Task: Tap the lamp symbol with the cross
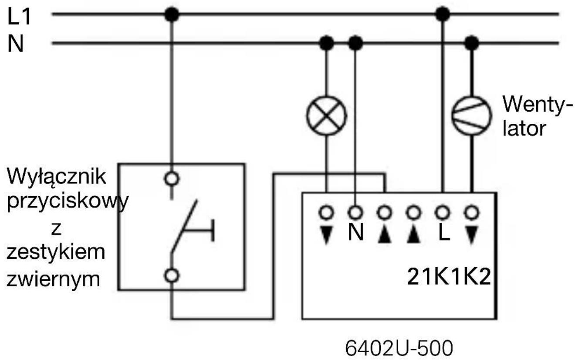pyautogui.click(x=327, y=116)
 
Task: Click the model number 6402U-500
pyautogui.click(x=399, y=347)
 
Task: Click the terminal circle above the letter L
pyautogui.click(x=443, y=213)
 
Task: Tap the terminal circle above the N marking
pyautogui.click(x=356, y=213)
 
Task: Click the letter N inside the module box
pyautogui.click(x=356, y=234)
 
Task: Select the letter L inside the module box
pyautogui.click(x=443, y=234)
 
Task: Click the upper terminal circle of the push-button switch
pyautogui.click(x=173, y=178)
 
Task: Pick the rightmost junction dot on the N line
pyautogui.click(x=471, y=43)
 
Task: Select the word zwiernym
pyautogui.click(x=53, y=279)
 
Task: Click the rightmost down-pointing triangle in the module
pyautogui.click(x=471, y=234)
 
